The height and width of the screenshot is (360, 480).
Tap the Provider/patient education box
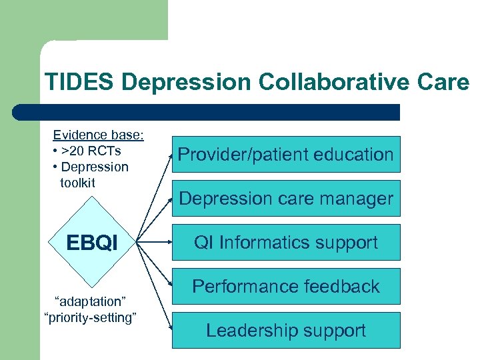pos(286,155)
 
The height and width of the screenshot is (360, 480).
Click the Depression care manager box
pos(286,198)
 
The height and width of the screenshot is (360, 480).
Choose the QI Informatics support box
pos(286,242)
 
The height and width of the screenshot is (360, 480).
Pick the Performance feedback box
pos(286,286)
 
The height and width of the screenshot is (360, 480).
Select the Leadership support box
pos(286,330)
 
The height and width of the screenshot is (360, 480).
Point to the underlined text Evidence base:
pos(98,135)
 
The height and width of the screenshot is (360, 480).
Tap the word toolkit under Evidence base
pos(78,182)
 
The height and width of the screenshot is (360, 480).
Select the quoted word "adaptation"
pos(89,302)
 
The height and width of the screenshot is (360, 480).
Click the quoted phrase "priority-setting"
pos(89,317)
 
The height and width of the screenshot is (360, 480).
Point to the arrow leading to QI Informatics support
pos(155,243)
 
